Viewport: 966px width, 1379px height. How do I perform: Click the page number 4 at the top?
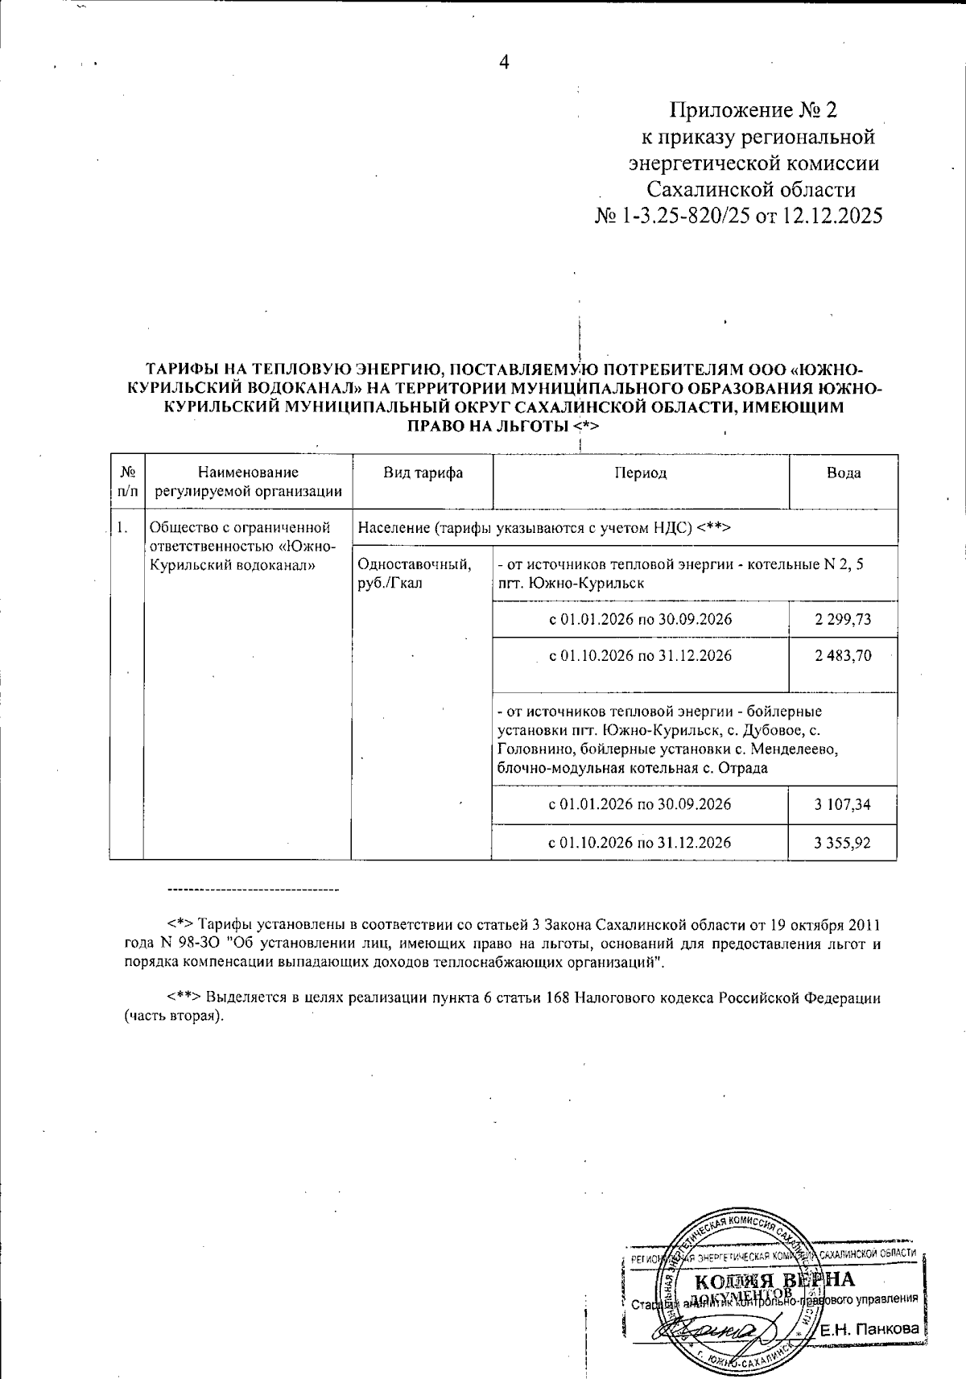505,64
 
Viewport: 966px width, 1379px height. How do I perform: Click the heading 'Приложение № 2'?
753,109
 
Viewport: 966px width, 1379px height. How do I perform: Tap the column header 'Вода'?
843,473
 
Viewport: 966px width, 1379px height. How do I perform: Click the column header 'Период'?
641,473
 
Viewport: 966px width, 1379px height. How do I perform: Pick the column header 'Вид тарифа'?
423,473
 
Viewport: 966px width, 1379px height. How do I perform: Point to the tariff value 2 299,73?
843,620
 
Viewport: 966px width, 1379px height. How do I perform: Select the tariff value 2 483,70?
843,656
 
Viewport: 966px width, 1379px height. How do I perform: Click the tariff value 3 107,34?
843,805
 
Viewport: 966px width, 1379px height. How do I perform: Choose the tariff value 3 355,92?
843,843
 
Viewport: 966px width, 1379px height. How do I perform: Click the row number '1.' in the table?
122,529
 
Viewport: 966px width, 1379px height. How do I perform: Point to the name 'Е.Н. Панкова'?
869,1329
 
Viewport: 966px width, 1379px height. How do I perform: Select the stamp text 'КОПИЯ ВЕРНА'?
774,1281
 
